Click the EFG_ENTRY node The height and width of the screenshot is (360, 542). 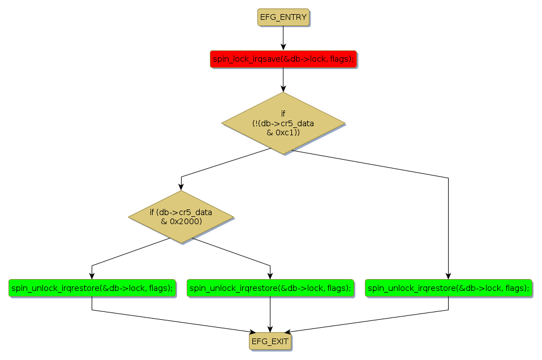[x=283, y=17]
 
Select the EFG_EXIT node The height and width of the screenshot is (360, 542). [x=270, y=341]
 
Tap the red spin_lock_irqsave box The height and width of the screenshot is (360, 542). [x=283, y=59]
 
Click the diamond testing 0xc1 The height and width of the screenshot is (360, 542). [x=283, y=123]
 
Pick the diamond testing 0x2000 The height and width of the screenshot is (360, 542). [x=181, y=216]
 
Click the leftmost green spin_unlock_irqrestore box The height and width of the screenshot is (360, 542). [x=92, y=288]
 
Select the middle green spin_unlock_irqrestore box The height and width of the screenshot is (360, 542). [x=270, y=288]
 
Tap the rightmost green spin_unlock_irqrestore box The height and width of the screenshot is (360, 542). [x=448, y=288]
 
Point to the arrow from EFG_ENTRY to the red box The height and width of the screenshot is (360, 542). [x=283, y=38]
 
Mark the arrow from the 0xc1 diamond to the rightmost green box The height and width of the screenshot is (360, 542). [x=448, y=226]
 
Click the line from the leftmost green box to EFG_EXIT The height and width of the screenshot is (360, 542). [x=170, y=320]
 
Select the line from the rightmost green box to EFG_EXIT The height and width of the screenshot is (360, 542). [x=368, y=321]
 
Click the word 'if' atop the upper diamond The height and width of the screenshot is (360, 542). [x=283, y=113]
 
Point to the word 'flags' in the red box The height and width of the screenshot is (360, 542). [x=341, y=59]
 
